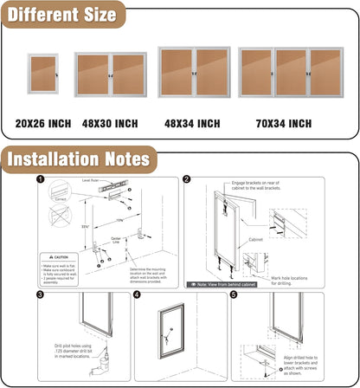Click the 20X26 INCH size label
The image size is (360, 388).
click(x=43, y=124)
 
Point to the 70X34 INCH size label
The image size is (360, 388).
click(x=283, y=124)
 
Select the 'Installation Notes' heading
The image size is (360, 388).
click(x=79, y=159)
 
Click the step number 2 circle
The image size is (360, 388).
click(x=187, y=180)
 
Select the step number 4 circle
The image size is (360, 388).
click(x=137, y=294)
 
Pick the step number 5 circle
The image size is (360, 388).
click(x=233, y=294)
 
